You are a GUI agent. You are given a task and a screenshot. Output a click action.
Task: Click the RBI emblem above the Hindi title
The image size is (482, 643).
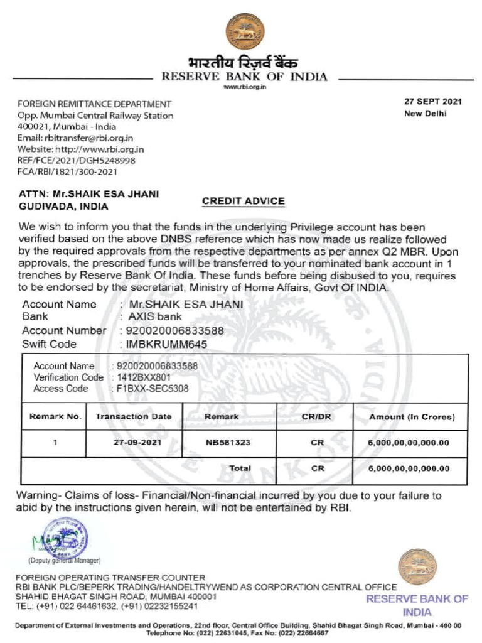(245, 31)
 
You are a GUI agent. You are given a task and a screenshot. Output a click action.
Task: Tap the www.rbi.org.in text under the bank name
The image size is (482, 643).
(245, 87)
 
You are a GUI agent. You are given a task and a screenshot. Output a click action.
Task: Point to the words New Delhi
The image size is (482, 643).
(425, 114)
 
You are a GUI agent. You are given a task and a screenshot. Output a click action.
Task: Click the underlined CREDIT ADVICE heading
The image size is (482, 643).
(243, 202)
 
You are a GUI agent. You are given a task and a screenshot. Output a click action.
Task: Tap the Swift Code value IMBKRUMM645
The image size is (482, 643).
(163, 344)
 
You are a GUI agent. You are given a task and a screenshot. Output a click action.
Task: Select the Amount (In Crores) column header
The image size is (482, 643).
(412, 417)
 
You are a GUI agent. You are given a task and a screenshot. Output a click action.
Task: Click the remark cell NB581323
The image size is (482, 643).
(228, 443)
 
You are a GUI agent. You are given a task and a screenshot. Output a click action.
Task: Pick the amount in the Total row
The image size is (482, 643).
(409, 469)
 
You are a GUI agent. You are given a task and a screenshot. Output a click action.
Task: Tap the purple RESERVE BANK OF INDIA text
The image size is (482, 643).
(417, 605)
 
